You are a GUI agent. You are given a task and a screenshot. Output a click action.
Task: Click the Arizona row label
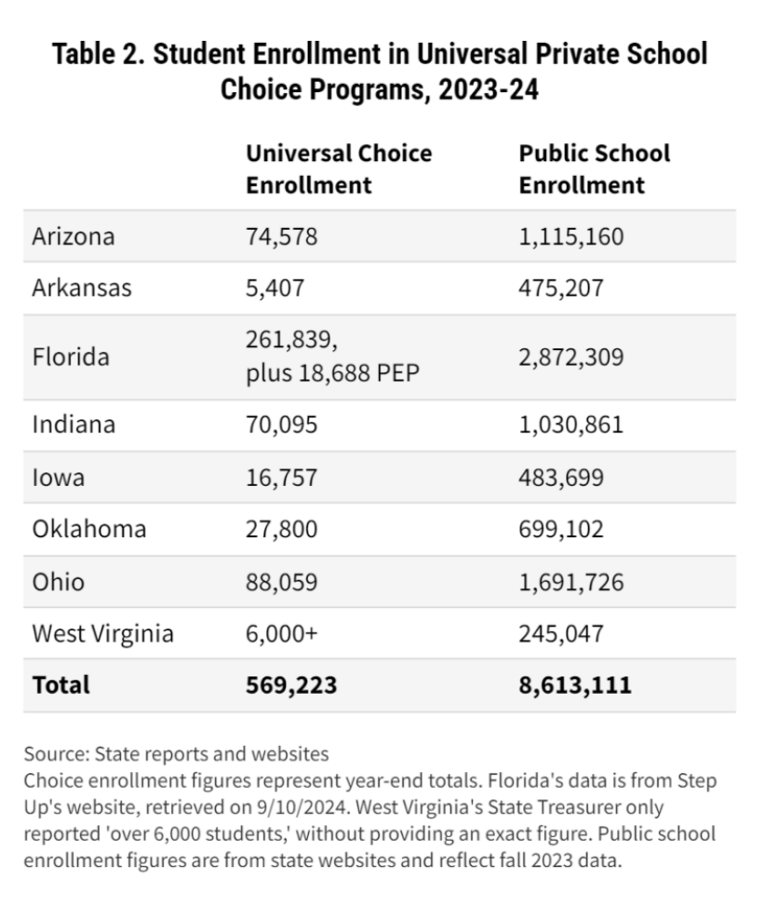(74, 237)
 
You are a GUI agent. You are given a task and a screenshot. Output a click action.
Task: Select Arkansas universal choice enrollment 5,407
(275, 288)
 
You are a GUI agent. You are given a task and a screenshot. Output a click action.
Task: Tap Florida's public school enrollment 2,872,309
(571, 357)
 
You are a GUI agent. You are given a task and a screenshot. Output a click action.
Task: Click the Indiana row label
(74, 425)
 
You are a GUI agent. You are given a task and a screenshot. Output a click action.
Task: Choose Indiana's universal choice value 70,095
(281, 425)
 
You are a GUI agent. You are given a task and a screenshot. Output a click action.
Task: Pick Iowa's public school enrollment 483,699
(561, 478)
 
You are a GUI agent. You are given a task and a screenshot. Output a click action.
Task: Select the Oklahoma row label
(89, 529)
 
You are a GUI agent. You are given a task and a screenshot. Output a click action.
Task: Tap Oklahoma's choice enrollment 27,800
(281, 529)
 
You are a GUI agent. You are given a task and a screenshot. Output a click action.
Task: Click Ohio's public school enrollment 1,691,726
(571, 582)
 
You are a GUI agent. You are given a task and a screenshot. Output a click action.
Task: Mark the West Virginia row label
(103, 634)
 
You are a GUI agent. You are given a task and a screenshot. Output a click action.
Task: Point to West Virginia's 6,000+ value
(281, 634)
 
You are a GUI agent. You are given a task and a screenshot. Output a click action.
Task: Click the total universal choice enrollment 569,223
(291, 685)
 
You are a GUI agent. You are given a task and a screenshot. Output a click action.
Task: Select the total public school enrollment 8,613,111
(575, 685)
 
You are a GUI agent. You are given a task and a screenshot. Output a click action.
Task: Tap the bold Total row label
(61, 685)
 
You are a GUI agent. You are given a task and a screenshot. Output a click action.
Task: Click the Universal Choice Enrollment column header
(339, 169)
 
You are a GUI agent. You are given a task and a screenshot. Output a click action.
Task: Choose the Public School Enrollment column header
(595, 169)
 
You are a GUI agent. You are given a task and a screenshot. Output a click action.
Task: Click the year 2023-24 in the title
(489, 89)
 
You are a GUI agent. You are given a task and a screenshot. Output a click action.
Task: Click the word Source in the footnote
(56, 754)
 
